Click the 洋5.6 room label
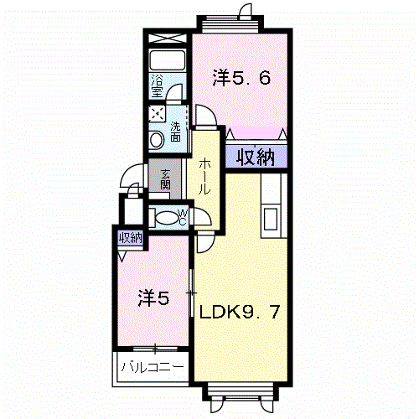tap(242, 78)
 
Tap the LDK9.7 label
tap(240, 312)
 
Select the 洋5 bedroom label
tap(154, 298)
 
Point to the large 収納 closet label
tap(256, 158)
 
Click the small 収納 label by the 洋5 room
tap(131, 238)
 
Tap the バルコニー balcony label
tap(153, 367)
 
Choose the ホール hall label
tap(204, 176)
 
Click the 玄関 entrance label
tap(166, 179)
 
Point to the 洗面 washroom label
tap(175, 132)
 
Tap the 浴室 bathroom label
tap(157, 85)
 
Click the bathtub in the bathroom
tap(167, 60)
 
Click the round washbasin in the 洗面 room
tap(156, 140)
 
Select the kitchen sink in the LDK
tap(271, 219)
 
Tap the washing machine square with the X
tap(157, 113)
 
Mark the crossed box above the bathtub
tap(167, 39)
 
